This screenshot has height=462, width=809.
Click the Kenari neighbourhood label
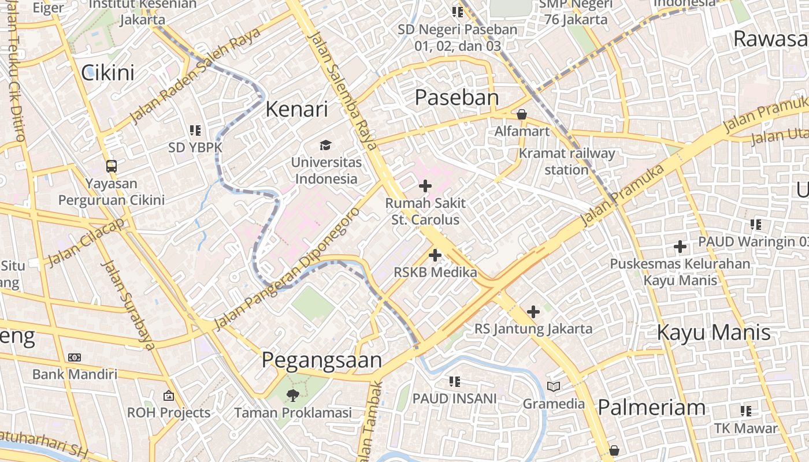click(296, 109)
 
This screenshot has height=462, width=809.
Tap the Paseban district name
click(457, 98)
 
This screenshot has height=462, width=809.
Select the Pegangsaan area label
click(322, 360)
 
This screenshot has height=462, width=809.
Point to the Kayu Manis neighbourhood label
click(714, 333)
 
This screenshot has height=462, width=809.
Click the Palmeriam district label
click(651, 408)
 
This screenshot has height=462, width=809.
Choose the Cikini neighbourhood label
click(107, 73)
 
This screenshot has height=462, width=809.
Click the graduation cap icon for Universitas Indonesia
click(326, 145)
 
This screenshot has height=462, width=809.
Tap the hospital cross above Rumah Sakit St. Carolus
click(425, 186)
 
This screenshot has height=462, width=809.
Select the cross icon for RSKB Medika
click(435, 255)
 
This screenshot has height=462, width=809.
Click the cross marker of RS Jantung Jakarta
click(533, 312)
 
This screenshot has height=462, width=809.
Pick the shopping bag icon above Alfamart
click(522, 114)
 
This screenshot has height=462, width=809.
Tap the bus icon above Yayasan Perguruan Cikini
click(111, 166)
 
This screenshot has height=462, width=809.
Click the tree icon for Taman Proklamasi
click(292, 396)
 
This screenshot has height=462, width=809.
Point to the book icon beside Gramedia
click(554, 386)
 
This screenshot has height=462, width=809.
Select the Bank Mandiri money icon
click(75, 357)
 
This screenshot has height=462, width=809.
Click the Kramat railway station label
click(567, 162)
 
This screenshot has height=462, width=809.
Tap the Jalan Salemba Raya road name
click(343, 91)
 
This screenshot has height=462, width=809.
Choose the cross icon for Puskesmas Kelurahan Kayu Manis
click(680, 247)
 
